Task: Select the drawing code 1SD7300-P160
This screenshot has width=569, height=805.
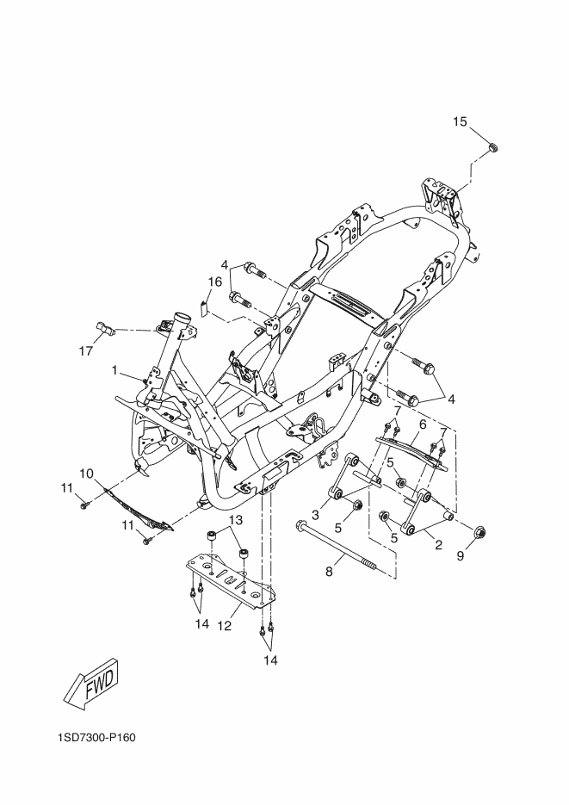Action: click(96, 738)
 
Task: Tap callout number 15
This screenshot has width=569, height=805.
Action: click(460, 121)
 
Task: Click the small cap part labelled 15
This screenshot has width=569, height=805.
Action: click(493, 148)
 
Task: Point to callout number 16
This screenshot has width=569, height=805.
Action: click(214, 282)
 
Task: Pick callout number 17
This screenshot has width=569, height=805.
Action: click(86, 351)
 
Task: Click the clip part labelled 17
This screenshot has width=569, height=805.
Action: click(106, 328)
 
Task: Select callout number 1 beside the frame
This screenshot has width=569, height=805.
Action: click(115, 369)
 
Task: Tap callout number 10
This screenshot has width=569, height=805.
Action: click(87, 473)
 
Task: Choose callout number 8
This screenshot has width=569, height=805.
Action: click(329, 571)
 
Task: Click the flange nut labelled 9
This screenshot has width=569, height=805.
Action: click(479, 532)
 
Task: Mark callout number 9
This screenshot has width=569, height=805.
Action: click(461, 555)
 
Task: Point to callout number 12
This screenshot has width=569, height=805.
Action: click(224, 626)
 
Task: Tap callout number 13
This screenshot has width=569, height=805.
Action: click(235, 520)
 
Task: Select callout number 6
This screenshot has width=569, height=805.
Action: click(423, 424)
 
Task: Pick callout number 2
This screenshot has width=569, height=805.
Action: click(438, 545)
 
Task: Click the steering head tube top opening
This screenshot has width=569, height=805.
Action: click(181, 317)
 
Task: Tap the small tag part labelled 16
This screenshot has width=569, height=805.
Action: click(202, 308)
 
